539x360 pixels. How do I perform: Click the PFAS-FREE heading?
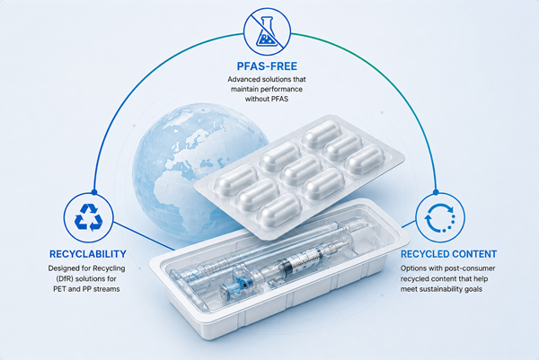[267, 66]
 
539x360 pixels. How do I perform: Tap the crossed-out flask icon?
[267, 31]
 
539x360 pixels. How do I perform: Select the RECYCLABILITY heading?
[88, 254]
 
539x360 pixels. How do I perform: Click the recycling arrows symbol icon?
[89, 217]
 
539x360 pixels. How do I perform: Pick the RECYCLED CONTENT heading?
[448, 254]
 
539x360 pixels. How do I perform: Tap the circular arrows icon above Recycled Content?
[440, 217]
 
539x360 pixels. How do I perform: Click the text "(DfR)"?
[65, 278]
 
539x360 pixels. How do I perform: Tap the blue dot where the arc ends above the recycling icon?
[94, 192]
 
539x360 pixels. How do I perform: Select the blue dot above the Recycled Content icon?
[436, 192]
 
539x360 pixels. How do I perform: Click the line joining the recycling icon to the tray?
[144, 236]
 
